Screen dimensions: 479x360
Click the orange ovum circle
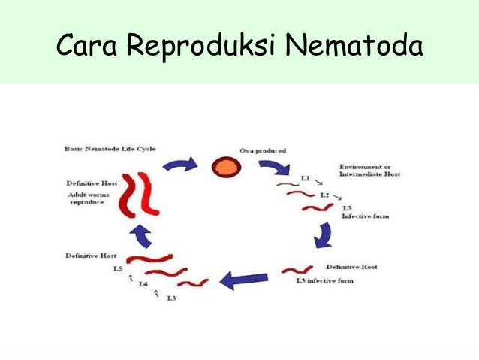point(224,166)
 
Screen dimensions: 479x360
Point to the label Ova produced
point(262,151)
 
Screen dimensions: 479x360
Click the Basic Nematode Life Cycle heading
point(110,149)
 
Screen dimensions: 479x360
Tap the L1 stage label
point(305,177)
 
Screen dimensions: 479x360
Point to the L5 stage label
point(117,268)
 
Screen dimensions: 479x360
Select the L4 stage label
point(143,284)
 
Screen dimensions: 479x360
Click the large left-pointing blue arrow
point(244,280)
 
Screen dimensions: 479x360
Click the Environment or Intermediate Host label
point(369,170)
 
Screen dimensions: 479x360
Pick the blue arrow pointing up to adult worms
point(142,236)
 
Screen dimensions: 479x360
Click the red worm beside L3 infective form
point(297,269)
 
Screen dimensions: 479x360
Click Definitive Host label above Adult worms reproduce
point(90,183)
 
